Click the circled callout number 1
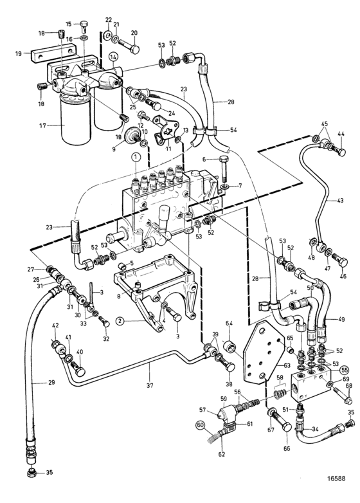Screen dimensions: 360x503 (x=136, y=157)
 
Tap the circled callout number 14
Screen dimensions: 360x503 (x=114, y=57)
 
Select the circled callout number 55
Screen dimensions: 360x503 (x=345, y=370)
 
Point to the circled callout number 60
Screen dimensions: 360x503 (x=200, y=425)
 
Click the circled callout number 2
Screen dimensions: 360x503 (x=120, y=320)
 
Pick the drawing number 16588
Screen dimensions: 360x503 (x=336, y=478)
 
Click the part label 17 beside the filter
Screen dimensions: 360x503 (x=43, y=126)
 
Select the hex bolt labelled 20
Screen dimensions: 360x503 (x=129, y=45)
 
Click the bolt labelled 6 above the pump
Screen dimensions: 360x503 (x=224, y=168)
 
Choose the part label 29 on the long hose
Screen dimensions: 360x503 (x=51, y=382)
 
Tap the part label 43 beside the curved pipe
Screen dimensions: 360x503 (x=340, y=201)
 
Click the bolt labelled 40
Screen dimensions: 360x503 (x=78, y=369)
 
